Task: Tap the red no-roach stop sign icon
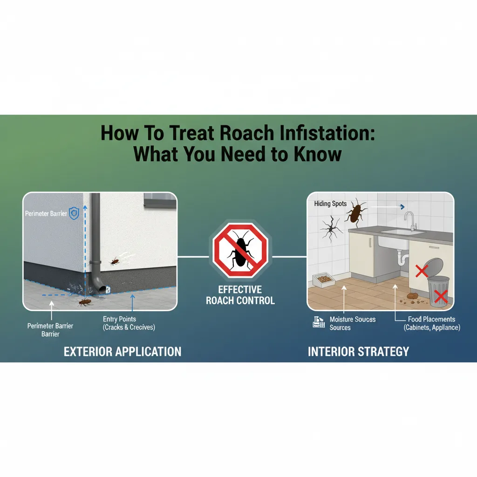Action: (240, 250)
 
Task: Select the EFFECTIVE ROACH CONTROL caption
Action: (240, 295)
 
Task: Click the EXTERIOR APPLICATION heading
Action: (123, 351)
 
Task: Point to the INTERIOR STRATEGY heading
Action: (358, 351)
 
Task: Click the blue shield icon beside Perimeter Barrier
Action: (74, 213)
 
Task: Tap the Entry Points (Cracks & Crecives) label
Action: (129, 323)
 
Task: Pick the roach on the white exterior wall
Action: (115, 261)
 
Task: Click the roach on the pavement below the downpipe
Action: (85, 302)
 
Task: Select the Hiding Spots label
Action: (330, 204)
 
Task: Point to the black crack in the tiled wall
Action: (331, 229)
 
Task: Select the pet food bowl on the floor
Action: (324, 280)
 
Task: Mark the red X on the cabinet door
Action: (422, 271)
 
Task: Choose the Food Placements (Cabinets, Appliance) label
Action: (432, 323)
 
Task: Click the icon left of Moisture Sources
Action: (319, 322)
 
